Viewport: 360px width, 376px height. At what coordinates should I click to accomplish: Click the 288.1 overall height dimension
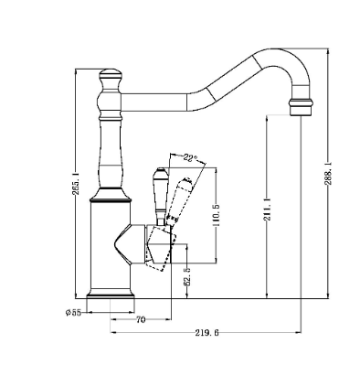pyautogui.click(x=328, y=174)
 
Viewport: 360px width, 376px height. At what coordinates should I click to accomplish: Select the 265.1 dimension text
pyautogui.click(x=76, y=183)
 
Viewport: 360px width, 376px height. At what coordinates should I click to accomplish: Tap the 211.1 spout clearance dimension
pyautogui.click(x=267, y=209)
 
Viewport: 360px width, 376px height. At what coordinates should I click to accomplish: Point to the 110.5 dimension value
pyautogui.click(x=217, y=215)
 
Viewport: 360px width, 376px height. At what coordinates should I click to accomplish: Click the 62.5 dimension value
pyautogui.click(x=186, y=276)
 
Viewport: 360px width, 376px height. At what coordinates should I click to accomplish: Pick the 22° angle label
pyautogui.click(x=190, y=158)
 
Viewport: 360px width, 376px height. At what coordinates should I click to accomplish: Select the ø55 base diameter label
pyautogui.click(x=73, y=313)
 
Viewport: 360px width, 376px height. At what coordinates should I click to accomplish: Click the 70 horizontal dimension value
pyautogui.click(x=141, y=320)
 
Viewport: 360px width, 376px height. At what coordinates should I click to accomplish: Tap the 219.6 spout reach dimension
pyautogui.click(x=206, y=333)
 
